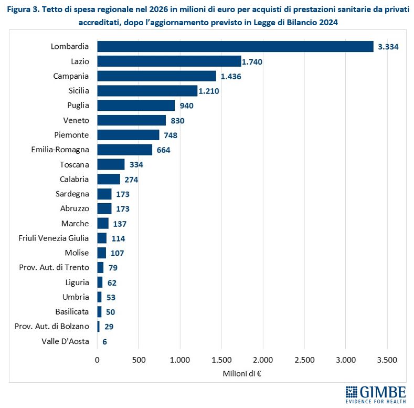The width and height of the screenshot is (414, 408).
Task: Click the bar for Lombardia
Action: tap(235, 46)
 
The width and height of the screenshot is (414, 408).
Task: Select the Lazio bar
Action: tap(169, 61)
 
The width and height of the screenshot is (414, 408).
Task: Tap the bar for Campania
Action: tap(156, 76)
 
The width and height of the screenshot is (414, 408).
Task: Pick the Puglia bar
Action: tap(136, 106)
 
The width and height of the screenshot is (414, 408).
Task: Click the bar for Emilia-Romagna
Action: tap(124, 150)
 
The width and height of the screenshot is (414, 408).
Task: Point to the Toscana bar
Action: tap(111, 164)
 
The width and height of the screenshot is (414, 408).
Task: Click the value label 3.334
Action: tap(388, 47)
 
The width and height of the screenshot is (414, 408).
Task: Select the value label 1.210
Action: tap(208, 91)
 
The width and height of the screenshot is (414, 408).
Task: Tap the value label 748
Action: tap(171, 135)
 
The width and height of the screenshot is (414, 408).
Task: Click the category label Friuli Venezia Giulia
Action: tap(54, 238)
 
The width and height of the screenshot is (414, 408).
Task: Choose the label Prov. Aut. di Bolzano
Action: tap(53, 327)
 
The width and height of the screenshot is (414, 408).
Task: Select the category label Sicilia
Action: tap(79, 91)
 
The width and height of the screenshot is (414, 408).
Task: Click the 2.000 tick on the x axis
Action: tap(262, 360)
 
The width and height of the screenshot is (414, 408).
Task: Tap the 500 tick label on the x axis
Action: tap(139, 360)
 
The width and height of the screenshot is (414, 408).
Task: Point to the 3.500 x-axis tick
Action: tap(387, 360)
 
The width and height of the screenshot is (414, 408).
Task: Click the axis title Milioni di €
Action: tap(242, 373)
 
